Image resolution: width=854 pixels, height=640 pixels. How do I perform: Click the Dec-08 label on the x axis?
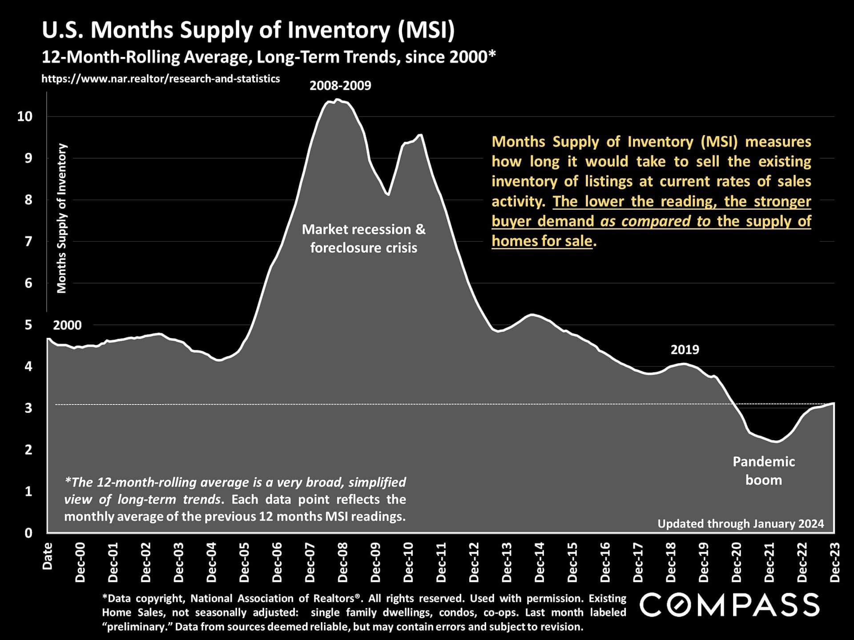(342, 562)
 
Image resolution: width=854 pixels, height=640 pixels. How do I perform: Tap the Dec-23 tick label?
(835, 562)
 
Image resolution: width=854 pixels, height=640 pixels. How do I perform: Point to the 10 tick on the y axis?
(25, 116)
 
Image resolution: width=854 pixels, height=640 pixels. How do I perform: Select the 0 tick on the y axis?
(28, 532)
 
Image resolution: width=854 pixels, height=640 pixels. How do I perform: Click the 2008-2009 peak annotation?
(340, 85)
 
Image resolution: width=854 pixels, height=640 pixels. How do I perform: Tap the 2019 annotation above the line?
(685, 350)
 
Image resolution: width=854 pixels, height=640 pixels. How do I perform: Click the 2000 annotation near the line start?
(67, 325)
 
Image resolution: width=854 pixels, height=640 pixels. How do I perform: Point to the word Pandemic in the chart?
(763, 462)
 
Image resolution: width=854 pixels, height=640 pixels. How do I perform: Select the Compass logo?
(729, 605)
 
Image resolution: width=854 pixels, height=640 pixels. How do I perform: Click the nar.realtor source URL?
(161, 79)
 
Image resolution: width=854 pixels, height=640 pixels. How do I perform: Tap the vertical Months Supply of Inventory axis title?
(61, 218)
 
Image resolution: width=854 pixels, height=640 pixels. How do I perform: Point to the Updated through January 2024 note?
(741, 524)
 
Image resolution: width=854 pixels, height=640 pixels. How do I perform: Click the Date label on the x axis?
(47, 556)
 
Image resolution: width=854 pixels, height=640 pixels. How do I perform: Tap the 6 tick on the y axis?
(28, 283)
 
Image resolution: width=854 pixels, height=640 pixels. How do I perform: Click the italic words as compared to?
(655, 221)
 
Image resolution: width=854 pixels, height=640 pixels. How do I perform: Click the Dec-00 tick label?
(80, 562)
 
